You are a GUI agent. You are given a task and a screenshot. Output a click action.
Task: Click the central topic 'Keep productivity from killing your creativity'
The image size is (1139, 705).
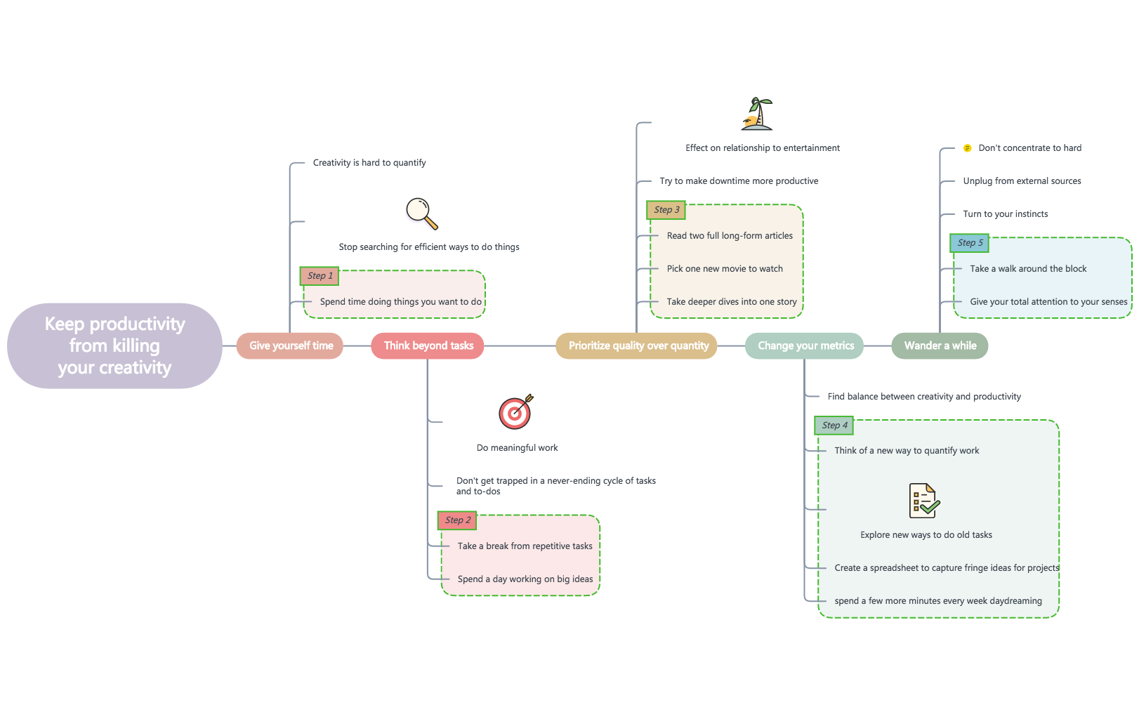pyautogui.click(x=114, y=345)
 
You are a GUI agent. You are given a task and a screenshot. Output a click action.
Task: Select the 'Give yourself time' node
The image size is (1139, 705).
pyautogui.click(x=290, y=345)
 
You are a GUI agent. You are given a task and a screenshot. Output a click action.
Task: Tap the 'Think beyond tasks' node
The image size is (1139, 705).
pyautogui.click(x=428, y=345)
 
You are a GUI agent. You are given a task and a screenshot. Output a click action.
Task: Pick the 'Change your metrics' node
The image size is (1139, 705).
pyautogui.click(x=805, y=345)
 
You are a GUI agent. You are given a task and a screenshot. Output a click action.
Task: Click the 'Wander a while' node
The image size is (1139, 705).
pyautogui.click(x=940, y=345)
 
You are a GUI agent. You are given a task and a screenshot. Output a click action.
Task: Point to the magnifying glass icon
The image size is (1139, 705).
pyautogui.click(x=422, y=213)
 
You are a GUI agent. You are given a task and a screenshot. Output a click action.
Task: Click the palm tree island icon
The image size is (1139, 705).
pyautogui.click(x=757, y=114)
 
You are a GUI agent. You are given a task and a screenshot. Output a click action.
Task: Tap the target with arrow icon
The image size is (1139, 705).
pyautogui.click(x=516, y=412)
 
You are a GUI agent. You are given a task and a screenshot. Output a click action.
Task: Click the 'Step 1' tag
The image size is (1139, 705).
pyautogui.click(x=320, y=276)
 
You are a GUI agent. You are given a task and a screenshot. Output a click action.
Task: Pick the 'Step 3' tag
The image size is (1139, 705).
pyautogui.click(x=666, y=210)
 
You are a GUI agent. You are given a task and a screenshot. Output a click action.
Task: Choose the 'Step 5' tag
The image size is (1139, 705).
pyautogui.click(x=970, y=243)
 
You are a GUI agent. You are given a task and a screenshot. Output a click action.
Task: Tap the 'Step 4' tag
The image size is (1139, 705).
pyautogui.click(x=834, y=426)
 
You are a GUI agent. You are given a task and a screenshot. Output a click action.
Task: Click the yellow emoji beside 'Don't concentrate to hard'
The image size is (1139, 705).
pyautogui.click(x=967, y=148)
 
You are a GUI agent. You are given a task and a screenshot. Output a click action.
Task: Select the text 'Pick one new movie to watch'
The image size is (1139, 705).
pyautogui.click(x=725, y=269)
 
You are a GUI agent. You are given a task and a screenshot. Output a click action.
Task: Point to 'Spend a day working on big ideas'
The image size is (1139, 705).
pyautogui.click(x=525, y=579)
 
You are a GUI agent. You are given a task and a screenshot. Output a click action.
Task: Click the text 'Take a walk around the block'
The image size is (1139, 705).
pyautogui.click(x=1028, y=269)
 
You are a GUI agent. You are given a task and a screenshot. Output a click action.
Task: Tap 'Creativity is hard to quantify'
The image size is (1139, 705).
pyautogui.click(x=369, y=163)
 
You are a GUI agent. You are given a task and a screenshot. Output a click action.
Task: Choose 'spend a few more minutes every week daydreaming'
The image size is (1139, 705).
pyautogui.click(x=938, y=601)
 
